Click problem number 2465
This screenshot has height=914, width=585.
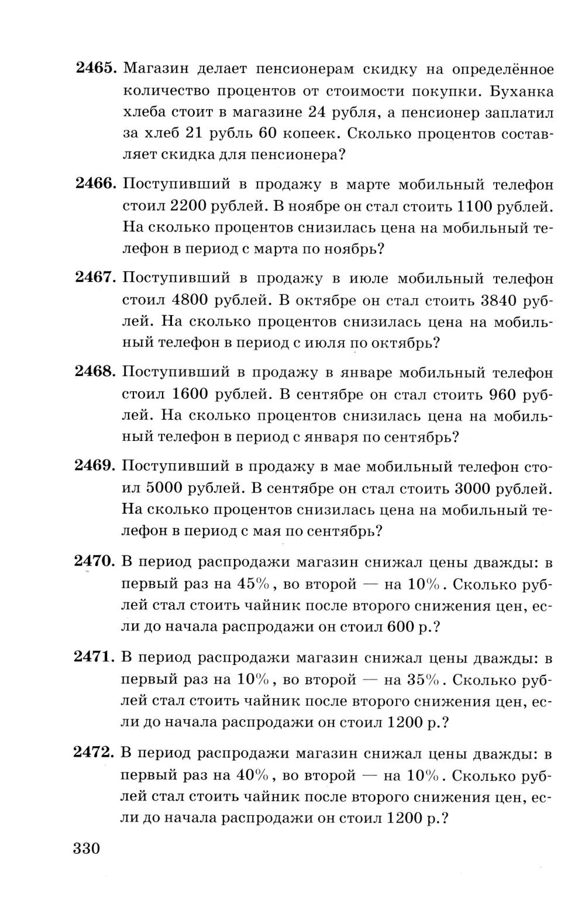click(97, 68)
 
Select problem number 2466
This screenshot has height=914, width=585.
click(97, 184)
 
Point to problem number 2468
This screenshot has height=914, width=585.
click(97, 372)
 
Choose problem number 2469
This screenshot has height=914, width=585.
click(97, 466)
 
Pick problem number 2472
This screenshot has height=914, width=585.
click(97, 753)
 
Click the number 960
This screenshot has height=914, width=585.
click(501, 394)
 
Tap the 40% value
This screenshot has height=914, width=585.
click(253, 775)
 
